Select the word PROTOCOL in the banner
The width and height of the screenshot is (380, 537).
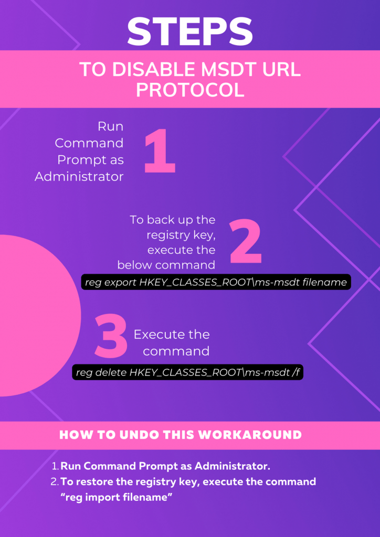point(190,90)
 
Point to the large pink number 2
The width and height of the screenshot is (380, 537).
point(245,241)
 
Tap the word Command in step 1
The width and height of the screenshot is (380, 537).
point(89,143)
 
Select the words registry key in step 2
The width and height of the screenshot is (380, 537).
point(182,235)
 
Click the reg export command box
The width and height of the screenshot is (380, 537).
point(216,282)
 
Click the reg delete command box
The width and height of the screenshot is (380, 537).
point(188,372)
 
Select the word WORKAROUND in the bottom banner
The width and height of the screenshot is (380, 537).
point(250,435)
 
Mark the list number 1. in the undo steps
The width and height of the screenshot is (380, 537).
point(56,466)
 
